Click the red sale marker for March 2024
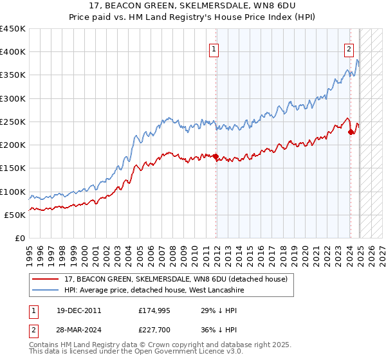351,132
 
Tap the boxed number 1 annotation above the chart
213,48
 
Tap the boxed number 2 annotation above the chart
349,48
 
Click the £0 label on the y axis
19,238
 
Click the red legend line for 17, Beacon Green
46,278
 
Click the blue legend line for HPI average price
46,290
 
